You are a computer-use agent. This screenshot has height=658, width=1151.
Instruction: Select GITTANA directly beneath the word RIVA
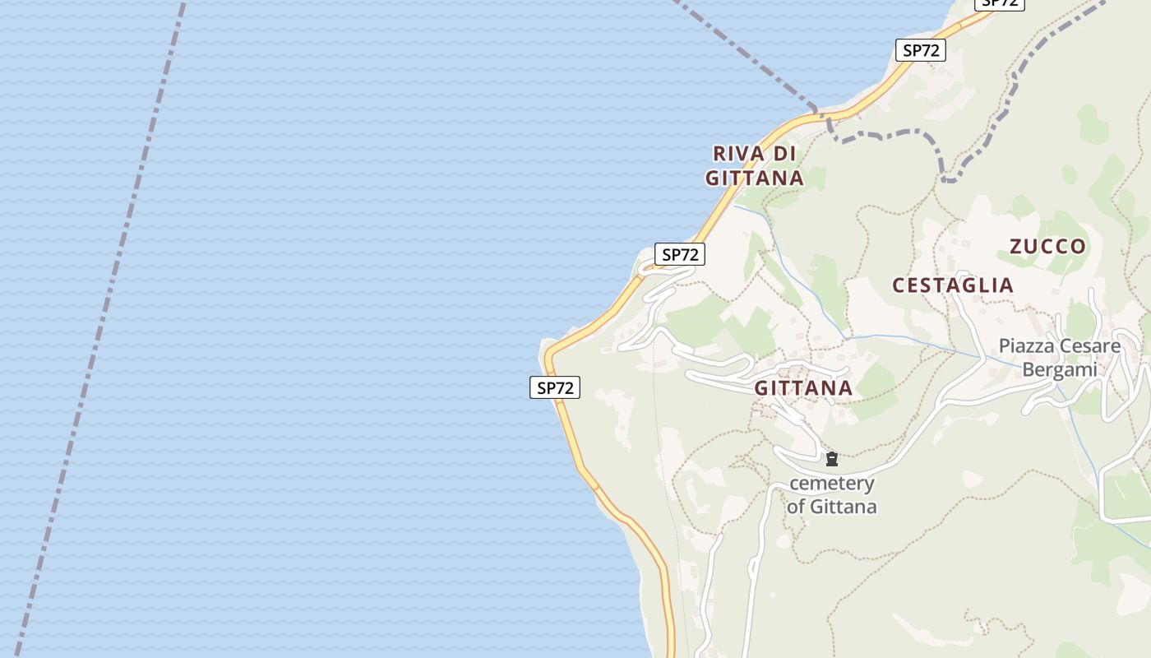(x=754, y=178)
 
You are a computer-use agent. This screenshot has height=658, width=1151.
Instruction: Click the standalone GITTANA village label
(x=803, y=388)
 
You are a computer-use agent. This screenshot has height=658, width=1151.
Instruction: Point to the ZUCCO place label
(x=1047, y=246)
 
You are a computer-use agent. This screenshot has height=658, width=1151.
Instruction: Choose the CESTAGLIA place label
(x=953, y=285)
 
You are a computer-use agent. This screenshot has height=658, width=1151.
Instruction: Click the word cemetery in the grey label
(x=831, y=484)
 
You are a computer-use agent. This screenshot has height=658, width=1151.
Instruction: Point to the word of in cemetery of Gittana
(x=795, y=507)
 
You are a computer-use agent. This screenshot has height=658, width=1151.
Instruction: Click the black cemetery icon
(x=831, y=459)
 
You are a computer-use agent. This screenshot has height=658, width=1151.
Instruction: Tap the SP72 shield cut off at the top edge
(x=999, y=3)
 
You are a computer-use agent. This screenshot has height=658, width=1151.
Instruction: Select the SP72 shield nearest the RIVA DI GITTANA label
(x=679, y=255)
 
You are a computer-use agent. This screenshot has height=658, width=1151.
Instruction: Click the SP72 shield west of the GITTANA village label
(x=555, y=387)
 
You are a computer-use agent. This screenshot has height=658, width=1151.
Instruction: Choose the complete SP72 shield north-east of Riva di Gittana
(x=921, y=50)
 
